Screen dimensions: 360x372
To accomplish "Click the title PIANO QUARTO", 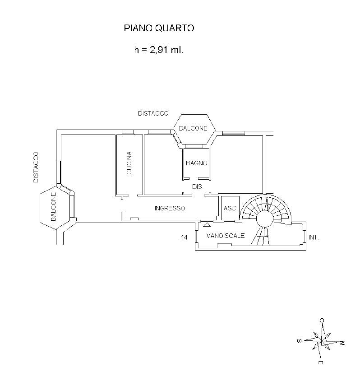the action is point(159,28).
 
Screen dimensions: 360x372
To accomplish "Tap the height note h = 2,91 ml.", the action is point(158,50).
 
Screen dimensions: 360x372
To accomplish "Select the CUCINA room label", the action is point(129,163).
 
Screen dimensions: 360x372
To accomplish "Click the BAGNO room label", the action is point(197,163).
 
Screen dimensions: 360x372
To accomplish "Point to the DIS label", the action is point(197,186).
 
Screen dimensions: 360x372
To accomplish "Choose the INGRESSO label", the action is point(170,208).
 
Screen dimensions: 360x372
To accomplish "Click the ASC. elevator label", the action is point(231,208).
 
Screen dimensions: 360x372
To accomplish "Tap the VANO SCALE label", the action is point(226,236).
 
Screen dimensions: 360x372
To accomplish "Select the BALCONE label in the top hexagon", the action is point(193,128).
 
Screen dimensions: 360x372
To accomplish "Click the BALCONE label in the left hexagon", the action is point(53,206).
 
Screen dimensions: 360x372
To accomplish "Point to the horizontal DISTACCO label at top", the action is point(153,113).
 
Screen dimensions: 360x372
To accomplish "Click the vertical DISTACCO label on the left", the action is point(36,167).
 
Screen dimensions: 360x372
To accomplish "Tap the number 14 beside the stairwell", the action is point(184,237).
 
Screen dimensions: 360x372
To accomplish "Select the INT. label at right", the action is point(314,237).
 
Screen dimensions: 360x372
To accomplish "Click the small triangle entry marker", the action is point(207,224).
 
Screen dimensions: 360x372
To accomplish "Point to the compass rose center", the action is point(322,341).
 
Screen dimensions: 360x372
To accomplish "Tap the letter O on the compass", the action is point(322,321).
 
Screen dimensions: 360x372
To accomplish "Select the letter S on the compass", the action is point(299,341).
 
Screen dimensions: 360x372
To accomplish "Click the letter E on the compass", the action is point(320,363).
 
